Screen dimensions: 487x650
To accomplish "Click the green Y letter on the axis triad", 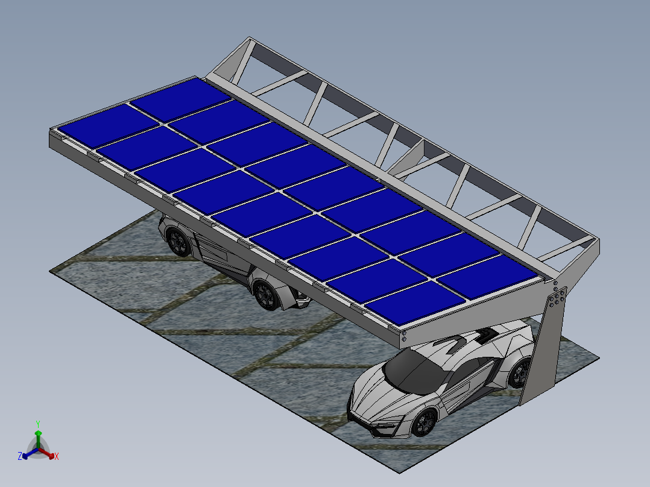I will [37, 423].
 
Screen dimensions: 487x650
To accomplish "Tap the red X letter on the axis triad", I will [56, 457].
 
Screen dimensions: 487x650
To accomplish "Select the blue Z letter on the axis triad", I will [20, 457].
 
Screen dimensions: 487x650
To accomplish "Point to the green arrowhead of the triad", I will [38, 433].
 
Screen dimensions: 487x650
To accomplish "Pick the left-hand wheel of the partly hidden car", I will [178, 241].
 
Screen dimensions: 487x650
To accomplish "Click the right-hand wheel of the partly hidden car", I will [266, 294].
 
